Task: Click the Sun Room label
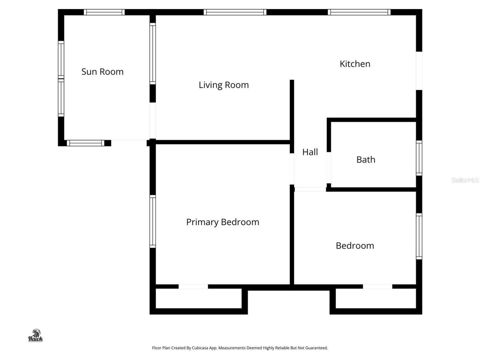point(102,72)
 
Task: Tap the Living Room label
point(223,85)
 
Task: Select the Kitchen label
point(355,64)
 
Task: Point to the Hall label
point(310,152)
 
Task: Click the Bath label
point(366,160)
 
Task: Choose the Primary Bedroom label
point(222,222)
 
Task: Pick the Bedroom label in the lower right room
point(355,246)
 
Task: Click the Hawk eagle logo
point(36,336)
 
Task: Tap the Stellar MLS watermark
point(465,180)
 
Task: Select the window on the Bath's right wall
point(419,158)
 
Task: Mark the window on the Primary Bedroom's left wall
point(153,221)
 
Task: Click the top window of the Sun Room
point(104,12)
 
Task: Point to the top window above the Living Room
point(235,12)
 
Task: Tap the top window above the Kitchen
point(359,12)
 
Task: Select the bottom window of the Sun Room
point(85,143)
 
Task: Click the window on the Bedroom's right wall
point(419,236)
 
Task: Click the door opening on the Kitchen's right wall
point(419,70)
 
